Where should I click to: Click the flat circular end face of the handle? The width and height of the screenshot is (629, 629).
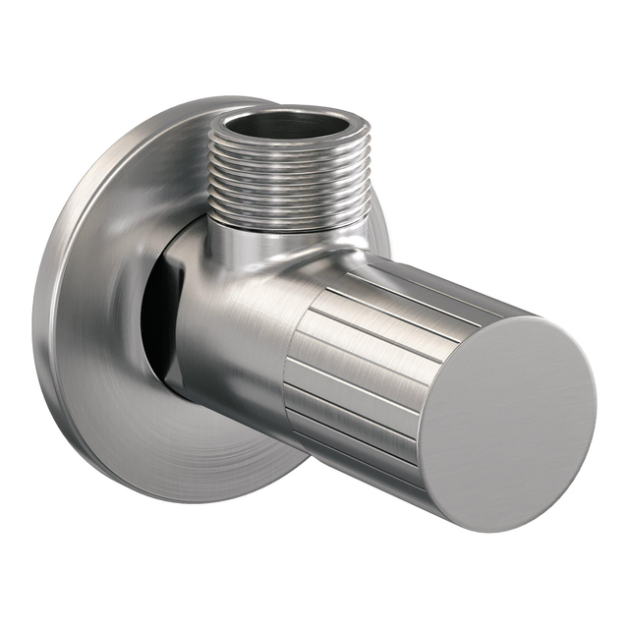(507, 423)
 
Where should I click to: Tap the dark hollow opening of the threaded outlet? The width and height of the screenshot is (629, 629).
(290, 124)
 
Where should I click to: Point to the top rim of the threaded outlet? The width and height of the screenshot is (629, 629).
(290, 109)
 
